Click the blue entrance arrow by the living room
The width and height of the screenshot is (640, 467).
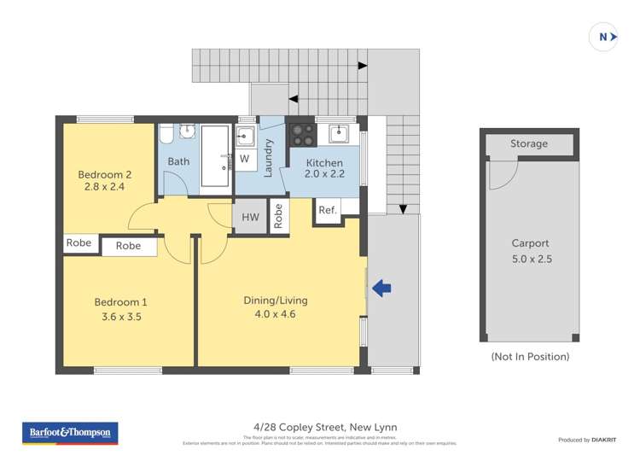tap(381, 289)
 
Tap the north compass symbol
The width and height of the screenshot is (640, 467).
tap(604, 37)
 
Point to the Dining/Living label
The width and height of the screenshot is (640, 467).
tap(276, 301)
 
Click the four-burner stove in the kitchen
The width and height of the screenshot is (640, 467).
tap(302, 135)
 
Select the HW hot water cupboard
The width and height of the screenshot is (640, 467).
tap(250, 218)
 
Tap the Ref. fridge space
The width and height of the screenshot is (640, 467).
tap(328, 210)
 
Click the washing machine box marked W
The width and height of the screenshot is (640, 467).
tap(244, 159)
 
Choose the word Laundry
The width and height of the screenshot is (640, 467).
tap(268, 158)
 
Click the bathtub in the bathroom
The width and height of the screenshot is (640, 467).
tap(215, 156)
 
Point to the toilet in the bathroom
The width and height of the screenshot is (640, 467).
tap(166, 136)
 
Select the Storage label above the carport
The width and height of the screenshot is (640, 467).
tap(529, 143)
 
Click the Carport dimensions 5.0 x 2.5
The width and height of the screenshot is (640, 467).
tap(529, 259)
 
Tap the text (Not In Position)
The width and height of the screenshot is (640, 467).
tap(529, 356)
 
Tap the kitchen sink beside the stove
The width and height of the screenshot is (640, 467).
tap(339, 134)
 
